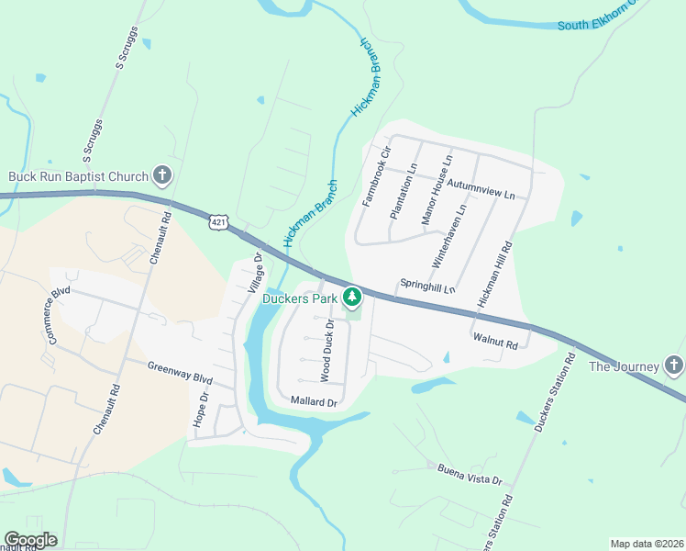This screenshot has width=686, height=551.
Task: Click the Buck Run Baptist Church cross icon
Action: tap(162, 175)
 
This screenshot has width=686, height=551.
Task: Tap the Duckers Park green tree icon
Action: tap(352, 297)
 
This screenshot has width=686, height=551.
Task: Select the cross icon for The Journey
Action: tap(674, 365)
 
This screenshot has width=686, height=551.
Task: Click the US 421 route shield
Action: tap(217, 222)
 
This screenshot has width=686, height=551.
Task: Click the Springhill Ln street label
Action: tap(426, 287)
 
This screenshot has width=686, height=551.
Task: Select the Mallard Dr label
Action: tap(315, 402)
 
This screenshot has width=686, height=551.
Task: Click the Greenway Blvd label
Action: tap(180, 372)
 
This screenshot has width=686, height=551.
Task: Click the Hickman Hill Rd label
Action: tap(493, 275)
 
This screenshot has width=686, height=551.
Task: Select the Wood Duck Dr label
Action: tap(326, 350)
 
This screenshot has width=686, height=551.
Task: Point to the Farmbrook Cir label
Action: tap(377, 175)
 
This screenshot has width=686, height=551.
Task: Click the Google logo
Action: tap(30, 541)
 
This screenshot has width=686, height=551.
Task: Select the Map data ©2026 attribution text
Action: tap(646, 544)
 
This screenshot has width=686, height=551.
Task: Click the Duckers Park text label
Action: tap(301, 298)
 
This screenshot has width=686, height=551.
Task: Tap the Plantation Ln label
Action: tap(403, 191)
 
